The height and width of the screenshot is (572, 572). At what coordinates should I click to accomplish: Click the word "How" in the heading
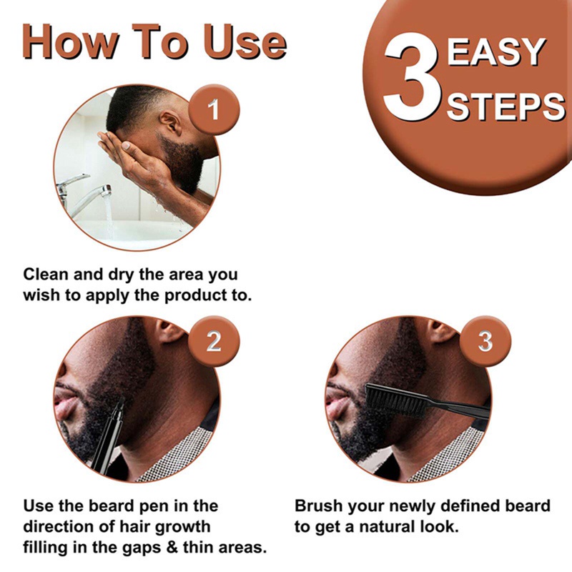(x=70, y=41)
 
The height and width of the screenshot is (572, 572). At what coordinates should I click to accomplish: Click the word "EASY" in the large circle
(x=496, y=51)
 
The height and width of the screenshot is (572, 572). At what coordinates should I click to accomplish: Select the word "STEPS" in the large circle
(x=506, y=107)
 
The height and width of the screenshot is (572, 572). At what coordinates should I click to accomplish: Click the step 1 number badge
(x=214, y=109)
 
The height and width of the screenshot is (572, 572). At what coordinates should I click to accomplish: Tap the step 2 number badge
(x=214, y=341)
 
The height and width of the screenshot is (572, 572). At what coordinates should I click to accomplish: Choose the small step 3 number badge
(x=485, y=341)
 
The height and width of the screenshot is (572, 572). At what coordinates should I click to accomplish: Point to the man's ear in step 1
(x=171, y=123)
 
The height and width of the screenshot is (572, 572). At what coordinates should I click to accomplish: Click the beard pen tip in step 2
(x=121, y=400)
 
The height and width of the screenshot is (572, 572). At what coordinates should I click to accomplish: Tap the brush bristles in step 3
(x=396, y=400)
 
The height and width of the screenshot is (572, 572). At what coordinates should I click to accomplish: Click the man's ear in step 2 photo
(x=169, y=330)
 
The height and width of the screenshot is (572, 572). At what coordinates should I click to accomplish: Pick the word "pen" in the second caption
(x=156, y=507)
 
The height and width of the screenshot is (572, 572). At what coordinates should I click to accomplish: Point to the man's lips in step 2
(x=63, y=402)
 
